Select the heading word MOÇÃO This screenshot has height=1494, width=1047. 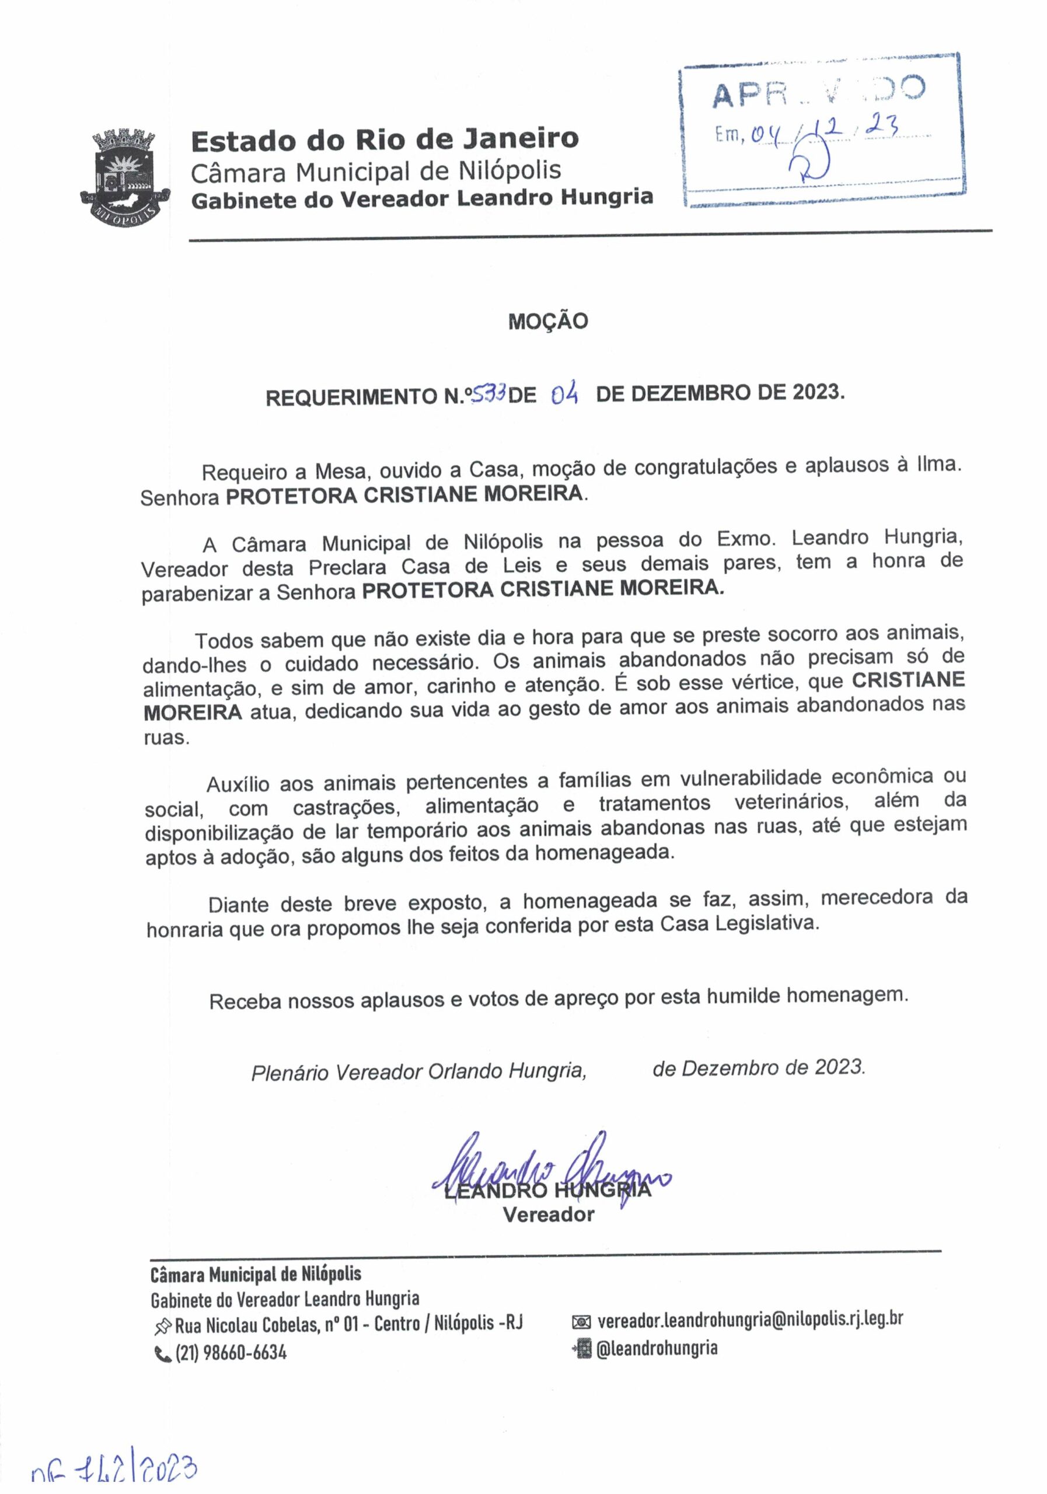coord(548,322)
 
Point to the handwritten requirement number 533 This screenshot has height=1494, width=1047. coord(487,393)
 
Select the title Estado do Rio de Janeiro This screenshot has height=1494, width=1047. coord(385,139)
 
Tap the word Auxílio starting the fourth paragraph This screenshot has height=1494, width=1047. coord(238,784)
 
